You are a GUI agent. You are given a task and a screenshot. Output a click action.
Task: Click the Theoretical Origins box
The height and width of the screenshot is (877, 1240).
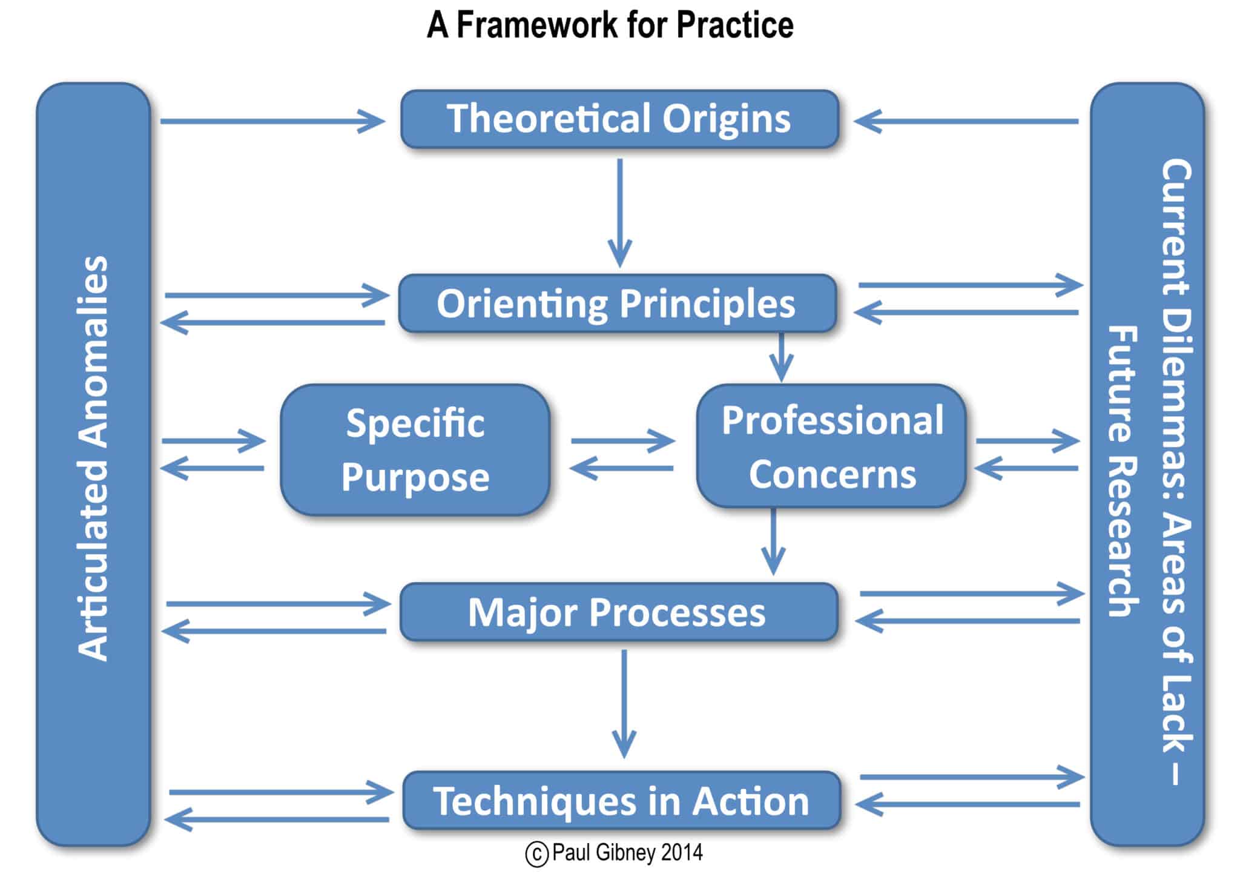(x=619, y=119)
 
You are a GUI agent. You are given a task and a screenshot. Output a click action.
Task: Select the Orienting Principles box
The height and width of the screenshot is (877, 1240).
(x=617, y=303)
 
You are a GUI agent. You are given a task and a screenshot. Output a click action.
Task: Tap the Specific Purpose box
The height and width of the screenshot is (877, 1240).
(x=415, y=449)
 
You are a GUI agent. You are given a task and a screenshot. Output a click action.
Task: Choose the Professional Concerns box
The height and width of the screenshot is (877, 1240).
(x=831, y=446)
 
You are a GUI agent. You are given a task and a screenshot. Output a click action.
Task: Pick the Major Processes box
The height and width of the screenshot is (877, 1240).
(x=618, y=612)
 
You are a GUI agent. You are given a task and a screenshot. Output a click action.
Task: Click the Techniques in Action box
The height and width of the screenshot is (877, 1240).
(x=621, y=801)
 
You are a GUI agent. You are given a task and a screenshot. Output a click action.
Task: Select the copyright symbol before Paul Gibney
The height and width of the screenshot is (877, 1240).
(x=536, y=854)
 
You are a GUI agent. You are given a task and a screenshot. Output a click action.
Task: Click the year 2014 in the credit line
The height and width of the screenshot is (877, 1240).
(x=682, y=853)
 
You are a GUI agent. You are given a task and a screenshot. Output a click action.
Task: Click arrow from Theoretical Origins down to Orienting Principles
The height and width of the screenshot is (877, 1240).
(x=619, y=212)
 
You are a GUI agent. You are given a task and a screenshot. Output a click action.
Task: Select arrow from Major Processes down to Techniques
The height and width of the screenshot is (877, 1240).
(x=624, y=703)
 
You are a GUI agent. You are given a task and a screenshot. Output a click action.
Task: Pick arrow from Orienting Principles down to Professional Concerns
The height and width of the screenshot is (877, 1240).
(x=781, y=357)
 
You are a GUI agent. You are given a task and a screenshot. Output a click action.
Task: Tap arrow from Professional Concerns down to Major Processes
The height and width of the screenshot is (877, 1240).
(x=773, y=542)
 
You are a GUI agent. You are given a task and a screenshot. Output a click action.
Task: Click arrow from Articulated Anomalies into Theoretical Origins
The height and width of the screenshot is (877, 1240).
(x=272, y=121)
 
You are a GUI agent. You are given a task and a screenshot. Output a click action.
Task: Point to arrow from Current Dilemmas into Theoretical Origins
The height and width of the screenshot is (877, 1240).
(x=966, y=121)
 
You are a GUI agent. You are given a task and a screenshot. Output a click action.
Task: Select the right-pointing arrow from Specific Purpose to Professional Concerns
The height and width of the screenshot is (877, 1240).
(x=622, y=440)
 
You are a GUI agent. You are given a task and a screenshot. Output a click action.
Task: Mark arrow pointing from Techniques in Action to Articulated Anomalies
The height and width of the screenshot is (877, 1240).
(x=277, y=819)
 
